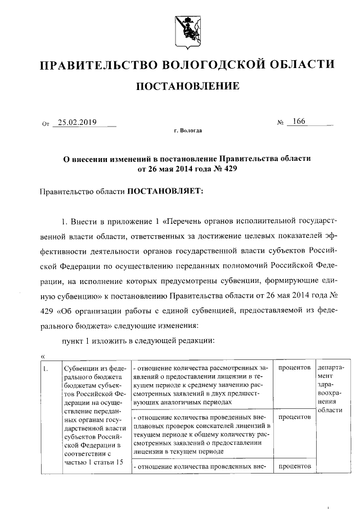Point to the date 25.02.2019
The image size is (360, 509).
point(78,122)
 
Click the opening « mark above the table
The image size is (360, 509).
point(43,355)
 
